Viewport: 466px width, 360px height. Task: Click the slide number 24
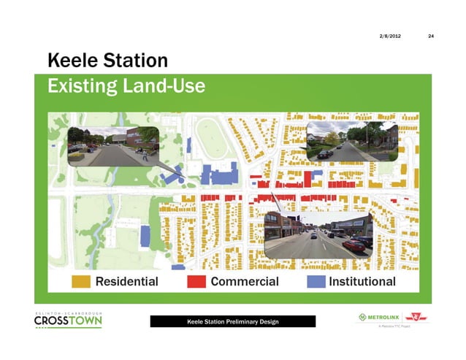430,37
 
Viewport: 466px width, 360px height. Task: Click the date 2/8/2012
389,37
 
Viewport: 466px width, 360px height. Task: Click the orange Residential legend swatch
81,281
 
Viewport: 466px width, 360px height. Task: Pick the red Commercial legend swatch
196,281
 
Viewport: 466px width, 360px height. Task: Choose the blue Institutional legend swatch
315,281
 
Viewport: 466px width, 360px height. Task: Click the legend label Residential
127,281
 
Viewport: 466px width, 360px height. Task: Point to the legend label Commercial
245,281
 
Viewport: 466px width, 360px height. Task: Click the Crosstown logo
68,321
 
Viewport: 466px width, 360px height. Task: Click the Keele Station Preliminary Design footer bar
232,321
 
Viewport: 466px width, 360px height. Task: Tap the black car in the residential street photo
322,153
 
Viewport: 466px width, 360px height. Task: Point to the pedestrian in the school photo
144,155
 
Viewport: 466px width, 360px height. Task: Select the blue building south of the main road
145,235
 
